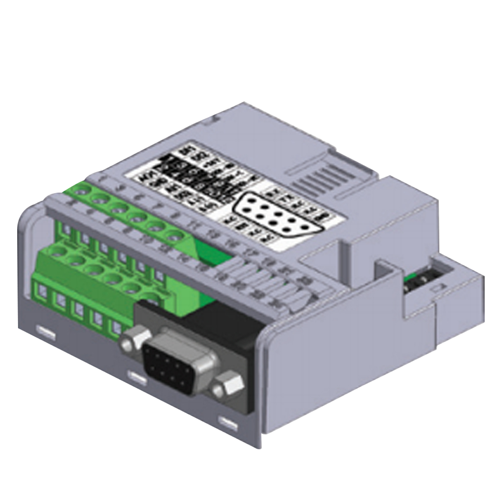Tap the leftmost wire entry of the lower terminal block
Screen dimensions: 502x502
[x=41, y=290]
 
